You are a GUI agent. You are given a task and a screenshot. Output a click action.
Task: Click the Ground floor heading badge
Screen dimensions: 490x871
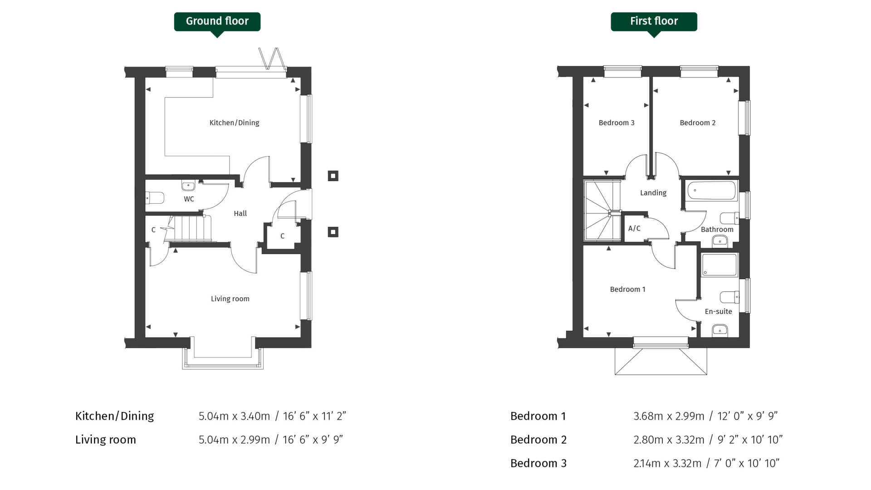click(217, 21)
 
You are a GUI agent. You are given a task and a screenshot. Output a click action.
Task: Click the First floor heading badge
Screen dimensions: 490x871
click(653, 21)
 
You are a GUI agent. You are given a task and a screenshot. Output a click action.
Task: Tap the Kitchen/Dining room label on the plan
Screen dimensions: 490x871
click(234, 122)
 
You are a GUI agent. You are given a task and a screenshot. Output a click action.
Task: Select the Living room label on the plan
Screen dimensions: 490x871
click(230, 299)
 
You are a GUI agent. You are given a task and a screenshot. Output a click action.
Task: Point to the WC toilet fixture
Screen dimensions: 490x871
click(155, 198)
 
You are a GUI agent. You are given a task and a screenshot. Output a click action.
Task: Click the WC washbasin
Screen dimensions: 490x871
click(188, 186)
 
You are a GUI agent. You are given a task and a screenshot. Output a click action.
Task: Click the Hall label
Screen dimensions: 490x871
click(240, 213)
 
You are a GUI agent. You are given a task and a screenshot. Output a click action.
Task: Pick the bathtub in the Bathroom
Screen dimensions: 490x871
click(711, 191)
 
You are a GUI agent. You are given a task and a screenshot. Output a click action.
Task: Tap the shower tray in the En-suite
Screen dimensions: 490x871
click(719, 265)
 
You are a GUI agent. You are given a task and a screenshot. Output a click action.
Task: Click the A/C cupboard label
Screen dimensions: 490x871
click(634, 228)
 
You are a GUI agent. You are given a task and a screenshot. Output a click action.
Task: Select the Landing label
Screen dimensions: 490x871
click(653, 193)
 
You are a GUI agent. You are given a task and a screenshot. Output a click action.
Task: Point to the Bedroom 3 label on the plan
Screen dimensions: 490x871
click(616, 122)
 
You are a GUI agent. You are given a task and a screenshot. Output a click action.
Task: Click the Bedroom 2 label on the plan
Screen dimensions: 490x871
click(697, 122)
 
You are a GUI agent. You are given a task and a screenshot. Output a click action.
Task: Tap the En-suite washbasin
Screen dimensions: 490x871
click(720, 330)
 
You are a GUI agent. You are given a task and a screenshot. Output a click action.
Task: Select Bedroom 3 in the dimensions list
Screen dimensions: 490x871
click(538, 463)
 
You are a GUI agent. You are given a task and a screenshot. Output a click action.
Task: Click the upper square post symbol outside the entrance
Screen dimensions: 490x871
click(333, 176)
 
